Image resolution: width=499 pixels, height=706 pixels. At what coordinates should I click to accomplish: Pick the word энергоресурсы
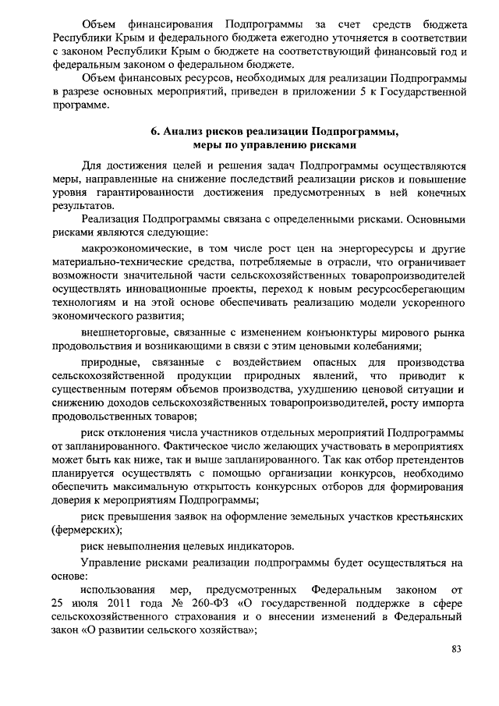tap(356, 248)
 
